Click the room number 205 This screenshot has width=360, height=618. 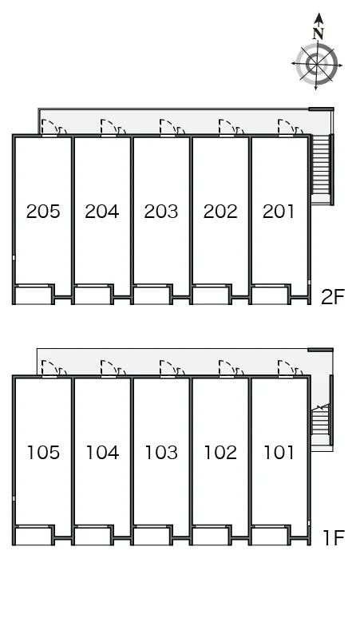pos(43,212)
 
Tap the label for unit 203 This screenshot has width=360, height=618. pos(161,212)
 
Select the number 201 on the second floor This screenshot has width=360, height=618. pos(279,212)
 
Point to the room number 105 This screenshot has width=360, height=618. pos(43,453)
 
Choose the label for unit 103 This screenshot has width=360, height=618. pos(161,453)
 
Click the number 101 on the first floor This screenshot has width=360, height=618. pos(279,453)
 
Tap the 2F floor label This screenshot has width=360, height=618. pos(333,297)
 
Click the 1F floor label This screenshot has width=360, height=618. pos(334,538)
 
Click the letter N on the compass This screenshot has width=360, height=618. pos(318,34)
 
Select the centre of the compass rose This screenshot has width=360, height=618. pos(317,64)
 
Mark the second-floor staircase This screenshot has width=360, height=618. pos(321,164)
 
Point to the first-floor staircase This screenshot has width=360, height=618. pos(320,422)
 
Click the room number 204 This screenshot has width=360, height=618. pos(102,212)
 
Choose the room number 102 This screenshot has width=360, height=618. pos(220,453)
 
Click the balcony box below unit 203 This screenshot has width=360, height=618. pos(152,295)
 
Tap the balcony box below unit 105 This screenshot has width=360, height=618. pos(34,536)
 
